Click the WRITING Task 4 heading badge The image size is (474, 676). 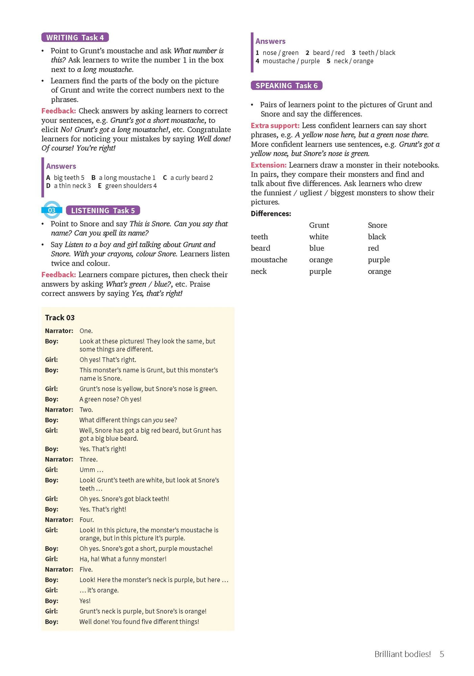[75, 38]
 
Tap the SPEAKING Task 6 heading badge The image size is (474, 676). [286, 86]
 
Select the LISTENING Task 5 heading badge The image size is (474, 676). [103, 211]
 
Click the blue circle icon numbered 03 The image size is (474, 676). [52, 210]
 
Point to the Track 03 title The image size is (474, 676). [60, 318]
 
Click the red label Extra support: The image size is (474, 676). [275, 126]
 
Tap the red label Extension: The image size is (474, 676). [269, 165]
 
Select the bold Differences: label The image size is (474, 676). [271, 214]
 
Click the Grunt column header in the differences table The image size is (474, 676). [319, 225]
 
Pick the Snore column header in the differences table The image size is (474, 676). [377, 225]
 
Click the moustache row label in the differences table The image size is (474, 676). [269, 260]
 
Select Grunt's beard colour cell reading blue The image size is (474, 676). [317, 248]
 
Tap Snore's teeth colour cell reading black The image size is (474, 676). [377, 237]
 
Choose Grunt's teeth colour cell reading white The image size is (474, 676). [319, 237]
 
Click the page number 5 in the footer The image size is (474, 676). [442, 654]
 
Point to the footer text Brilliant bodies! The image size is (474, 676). [402, 654]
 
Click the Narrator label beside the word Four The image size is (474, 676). [59, 520]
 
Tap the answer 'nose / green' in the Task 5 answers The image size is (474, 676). [280, 53]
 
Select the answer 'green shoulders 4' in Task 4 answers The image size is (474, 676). [131, 186]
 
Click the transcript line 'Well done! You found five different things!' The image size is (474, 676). [139, 622]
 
